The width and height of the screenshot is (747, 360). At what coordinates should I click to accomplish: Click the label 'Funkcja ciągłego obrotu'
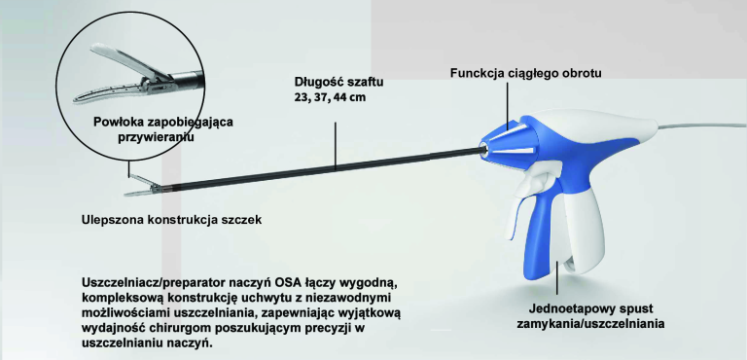point(525,74)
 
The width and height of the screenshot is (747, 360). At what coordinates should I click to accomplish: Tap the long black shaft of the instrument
point(321,167)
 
